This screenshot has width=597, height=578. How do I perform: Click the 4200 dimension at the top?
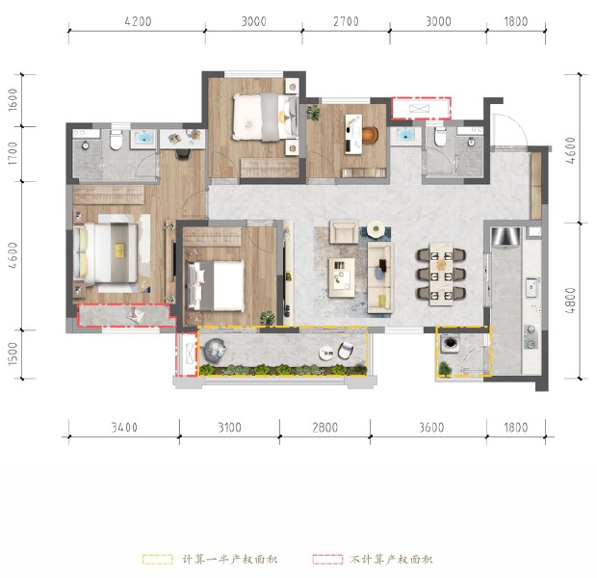(x=138, y=20)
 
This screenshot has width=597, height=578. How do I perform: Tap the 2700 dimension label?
(x=345, y=20)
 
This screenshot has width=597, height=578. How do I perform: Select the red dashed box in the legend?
(x=328, y=559)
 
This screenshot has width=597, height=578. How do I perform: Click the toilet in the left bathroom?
(x=114, y=141)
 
